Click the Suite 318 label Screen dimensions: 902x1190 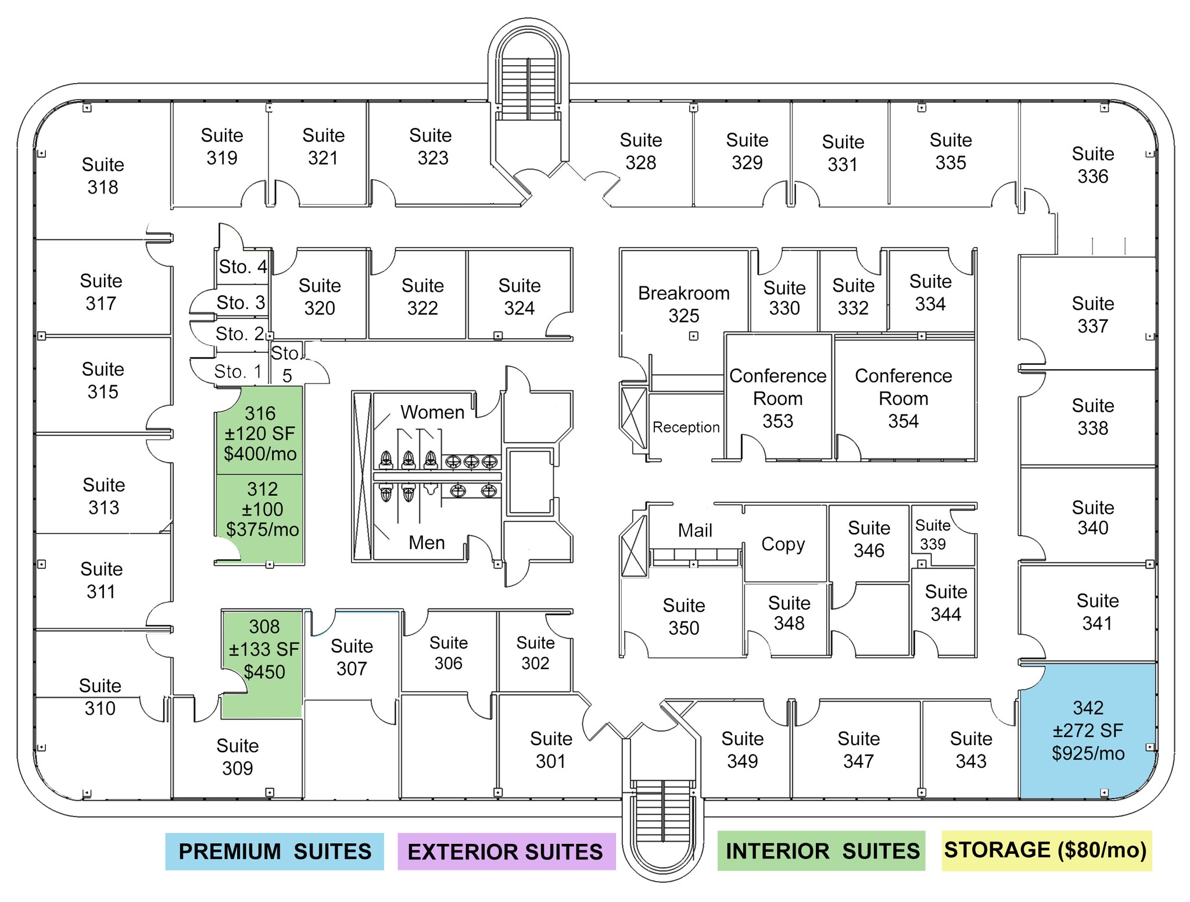[x=103, y=176]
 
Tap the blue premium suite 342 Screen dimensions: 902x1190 [x=1088, y=730]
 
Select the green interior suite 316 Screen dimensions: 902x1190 [x=260, y=433]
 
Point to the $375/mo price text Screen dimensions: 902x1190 [x=262, y=529]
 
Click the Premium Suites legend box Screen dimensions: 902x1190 [x=274, y=851]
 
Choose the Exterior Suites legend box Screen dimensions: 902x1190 [x=506, y=851]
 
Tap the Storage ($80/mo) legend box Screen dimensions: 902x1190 [x=1046, y=850]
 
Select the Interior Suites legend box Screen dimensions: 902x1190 [x=822, y=851]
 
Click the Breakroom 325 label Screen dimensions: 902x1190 [x=684, y=304]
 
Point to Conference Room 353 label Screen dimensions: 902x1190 [x=777, y=398]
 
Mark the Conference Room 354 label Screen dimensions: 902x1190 [x=903, y=398]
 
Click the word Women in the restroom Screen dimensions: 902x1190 [x=432, y=412]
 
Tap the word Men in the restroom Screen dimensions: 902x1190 [x=426, y=542]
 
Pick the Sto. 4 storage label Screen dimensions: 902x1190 [x=242, y=267]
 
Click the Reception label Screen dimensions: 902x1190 [x=686, y=427]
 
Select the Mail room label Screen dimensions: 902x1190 [x=695, y=530]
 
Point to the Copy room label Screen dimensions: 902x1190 [x=783, y=544]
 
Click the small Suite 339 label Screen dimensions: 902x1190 [x=933, y=534]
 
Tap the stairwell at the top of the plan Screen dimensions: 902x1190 [x=528, y=81]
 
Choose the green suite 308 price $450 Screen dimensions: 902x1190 [x=264, y=672]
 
